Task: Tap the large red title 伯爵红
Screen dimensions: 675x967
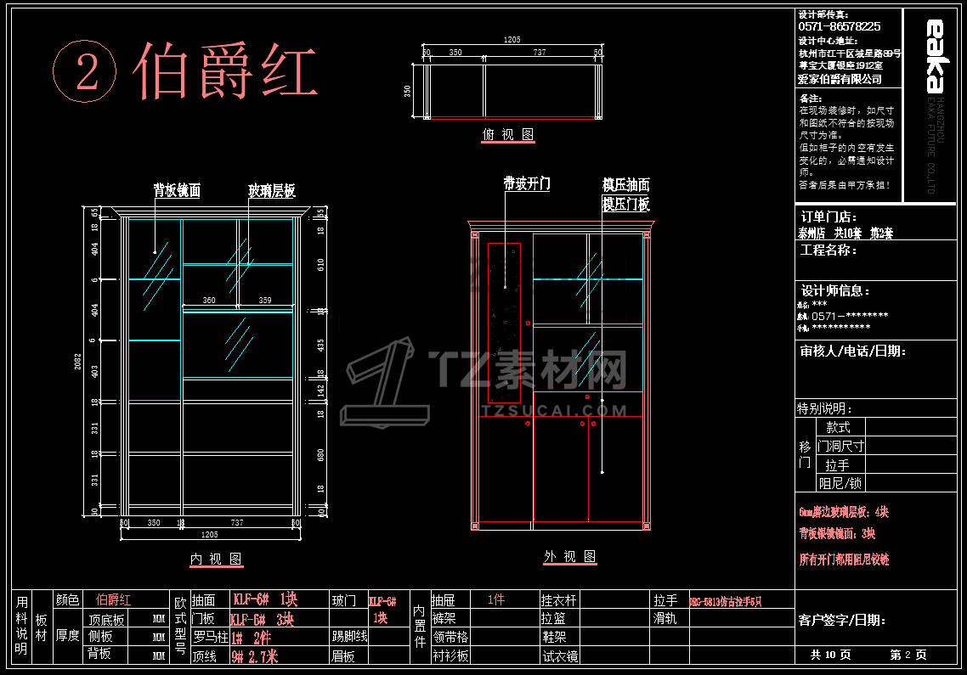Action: click(x=225, y=70)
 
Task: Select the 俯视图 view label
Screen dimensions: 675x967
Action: click(x=508, y=135)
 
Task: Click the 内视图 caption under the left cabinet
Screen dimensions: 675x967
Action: click(x=216, y=559)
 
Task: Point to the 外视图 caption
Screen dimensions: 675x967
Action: click(x=570, y=556)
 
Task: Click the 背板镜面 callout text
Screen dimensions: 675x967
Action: click(x=177, y=191)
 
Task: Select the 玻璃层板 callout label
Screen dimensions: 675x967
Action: click(x=272, y=191)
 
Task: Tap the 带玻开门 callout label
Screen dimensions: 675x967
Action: click(x=527, y=183)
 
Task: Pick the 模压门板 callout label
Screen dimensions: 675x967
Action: click(x=626, y=204)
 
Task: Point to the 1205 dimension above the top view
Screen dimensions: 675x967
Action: click(x=512, y=40)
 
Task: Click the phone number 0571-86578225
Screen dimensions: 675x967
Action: click(x=840, y=27)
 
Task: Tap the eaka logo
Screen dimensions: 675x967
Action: click(x=934, y=55)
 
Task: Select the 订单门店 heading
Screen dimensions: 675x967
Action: click(x=828, y=217)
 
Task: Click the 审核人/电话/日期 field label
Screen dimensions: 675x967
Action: click(x=852, y=351)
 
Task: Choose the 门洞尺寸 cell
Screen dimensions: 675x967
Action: click(x=840, y=446)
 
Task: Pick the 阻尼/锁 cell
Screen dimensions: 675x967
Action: click(x=840, y=483)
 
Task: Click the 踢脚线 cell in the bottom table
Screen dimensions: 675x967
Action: click(x=349, y=636)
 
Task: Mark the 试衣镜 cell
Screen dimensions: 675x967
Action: click(x=561, y=655)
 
